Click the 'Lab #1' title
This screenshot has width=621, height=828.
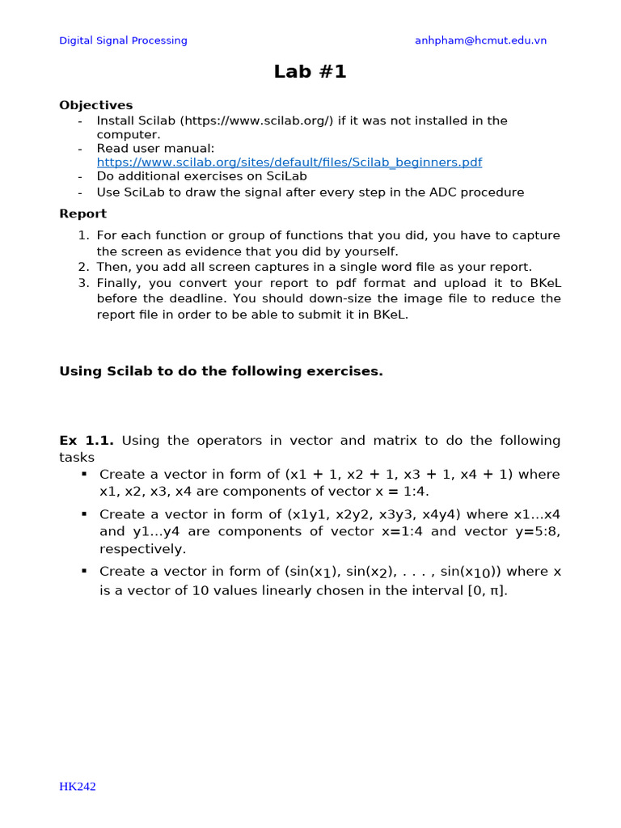point(310,71)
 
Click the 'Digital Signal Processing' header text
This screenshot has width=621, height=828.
point(123,40)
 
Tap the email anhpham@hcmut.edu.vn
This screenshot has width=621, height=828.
point(480,40)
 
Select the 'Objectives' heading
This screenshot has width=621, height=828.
point(96,105)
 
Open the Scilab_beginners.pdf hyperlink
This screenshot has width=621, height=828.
point(289,162)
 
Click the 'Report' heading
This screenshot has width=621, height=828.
point(82,214)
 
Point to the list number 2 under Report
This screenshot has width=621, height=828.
point(83,267)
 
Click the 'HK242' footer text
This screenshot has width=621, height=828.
point(77,787)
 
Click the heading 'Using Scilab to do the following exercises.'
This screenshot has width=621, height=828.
point(221,371)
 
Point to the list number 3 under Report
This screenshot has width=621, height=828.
point(83,283)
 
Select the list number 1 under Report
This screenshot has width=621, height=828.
point(83,235)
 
